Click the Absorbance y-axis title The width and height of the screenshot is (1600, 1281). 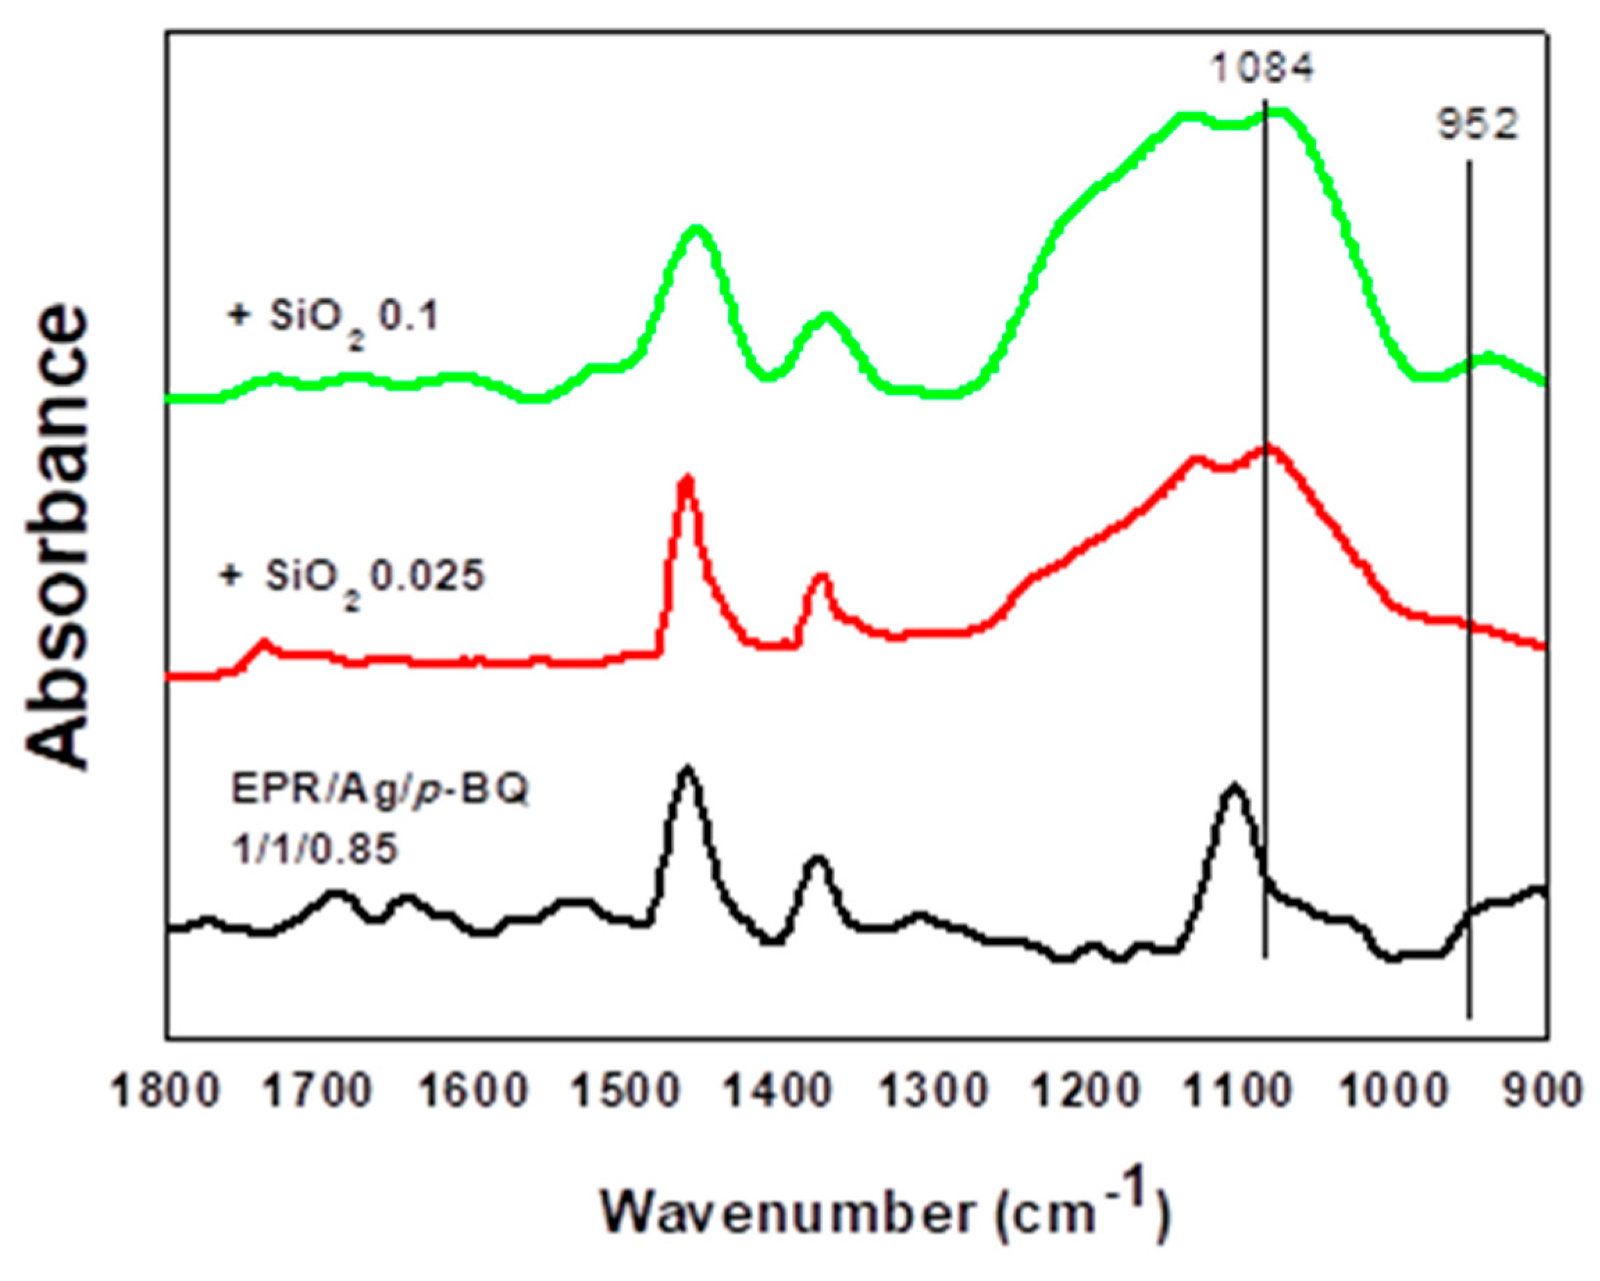click(x=59, y=538)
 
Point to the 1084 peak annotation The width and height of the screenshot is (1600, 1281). click(x=1262, y=69)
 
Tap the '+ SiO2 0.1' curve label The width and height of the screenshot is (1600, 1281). click(x=333, y=317)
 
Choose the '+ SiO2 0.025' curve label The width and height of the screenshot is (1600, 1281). click(x=353, y=577)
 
